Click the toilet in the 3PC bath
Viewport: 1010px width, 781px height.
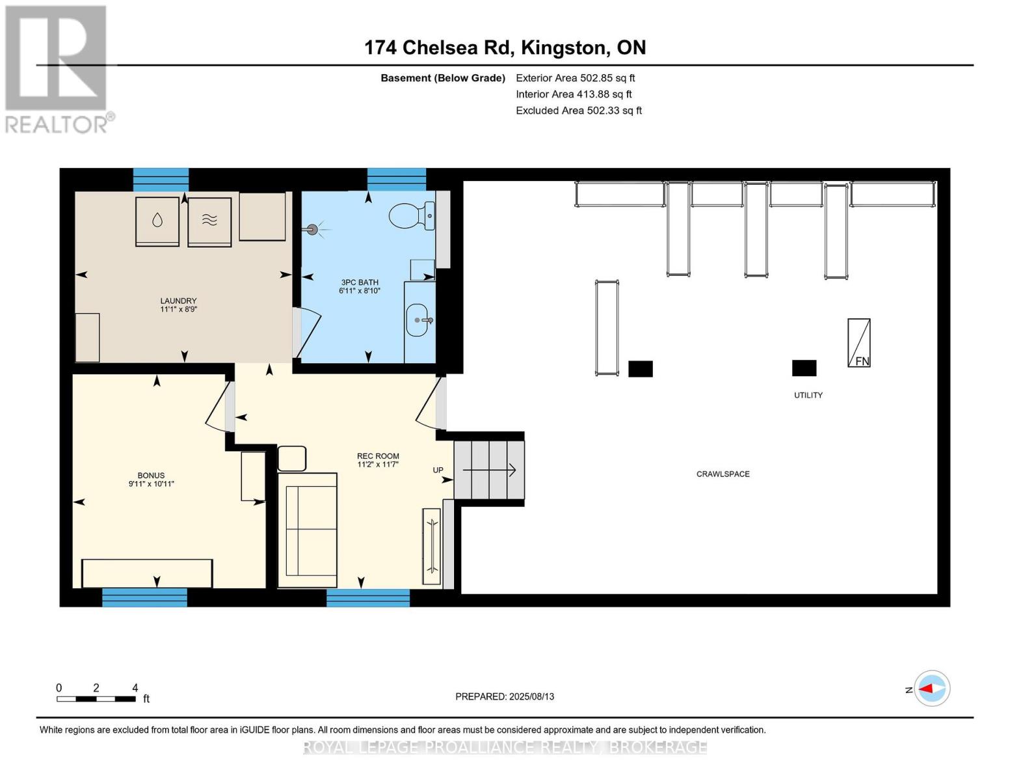point(412,216)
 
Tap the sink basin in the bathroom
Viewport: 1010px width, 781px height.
point(417,320)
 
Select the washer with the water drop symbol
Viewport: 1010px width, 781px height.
point(157,221)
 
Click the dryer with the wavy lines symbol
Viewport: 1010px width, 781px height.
point(209,222)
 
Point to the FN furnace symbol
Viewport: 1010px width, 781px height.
point(859,343)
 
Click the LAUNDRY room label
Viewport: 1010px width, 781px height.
point(178,301)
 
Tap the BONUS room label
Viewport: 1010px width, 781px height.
point(151,475)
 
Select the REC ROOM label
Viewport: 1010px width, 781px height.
point(378,456)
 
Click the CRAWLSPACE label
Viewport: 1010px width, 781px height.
point(723,474)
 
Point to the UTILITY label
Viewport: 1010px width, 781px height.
point(808,395)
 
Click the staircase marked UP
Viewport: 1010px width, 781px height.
point(489,471)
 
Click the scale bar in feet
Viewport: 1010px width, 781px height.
point(97,699)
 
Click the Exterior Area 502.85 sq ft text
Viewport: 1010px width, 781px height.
point(576,78)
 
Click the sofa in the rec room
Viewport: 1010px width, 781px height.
point(307,530)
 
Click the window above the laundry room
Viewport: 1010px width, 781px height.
point(161,180)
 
